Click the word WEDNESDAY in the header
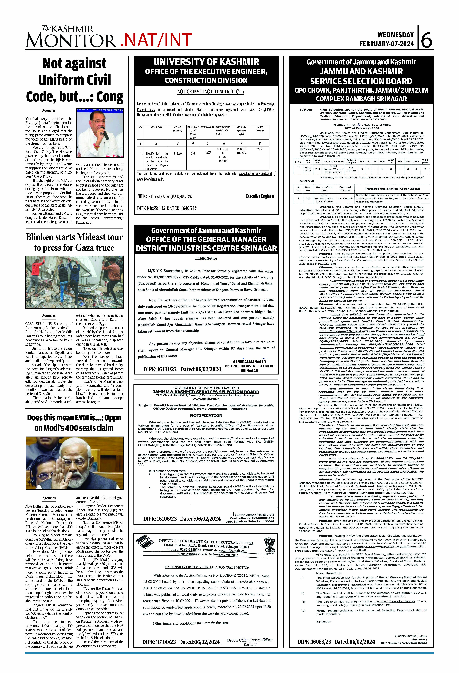(395, 35)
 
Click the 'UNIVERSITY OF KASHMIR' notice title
(206, 62)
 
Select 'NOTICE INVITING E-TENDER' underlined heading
(210, 92)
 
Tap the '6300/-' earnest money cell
(208, 153)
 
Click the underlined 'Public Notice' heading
(206, 258)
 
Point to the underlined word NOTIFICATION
(206, 416)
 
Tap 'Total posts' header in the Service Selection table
(425, 161)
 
